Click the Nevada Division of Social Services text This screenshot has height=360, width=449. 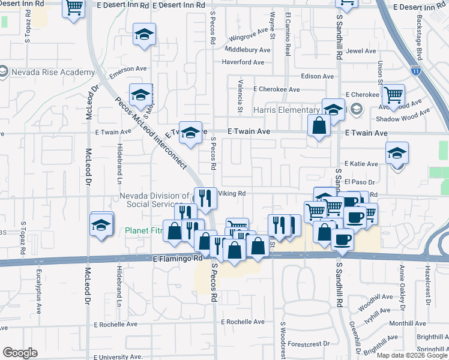(154, 200)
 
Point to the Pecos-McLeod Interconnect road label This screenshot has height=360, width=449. (150, 132)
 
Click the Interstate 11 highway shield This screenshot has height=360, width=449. (416, 71)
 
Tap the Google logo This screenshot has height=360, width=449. (20, 353)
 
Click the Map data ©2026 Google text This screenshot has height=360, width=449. (412, 355)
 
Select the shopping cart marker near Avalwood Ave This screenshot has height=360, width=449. (393, 95)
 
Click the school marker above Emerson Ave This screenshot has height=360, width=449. (144, 34)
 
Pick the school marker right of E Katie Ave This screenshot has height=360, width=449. (397, 153)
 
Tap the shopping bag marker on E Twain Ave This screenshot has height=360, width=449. (319, 126)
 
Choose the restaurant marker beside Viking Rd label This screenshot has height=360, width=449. (205, 198)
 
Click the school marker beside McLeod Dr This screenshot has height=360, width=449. (101, 224)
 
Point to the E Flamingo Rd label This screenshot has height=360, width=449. (177, 259)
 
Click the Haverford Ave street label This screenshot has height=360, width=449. (243, 62)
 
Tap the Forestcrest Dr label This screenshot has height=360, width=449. (309, 344)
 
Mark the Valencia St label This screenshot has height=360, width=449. (240, 97)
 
